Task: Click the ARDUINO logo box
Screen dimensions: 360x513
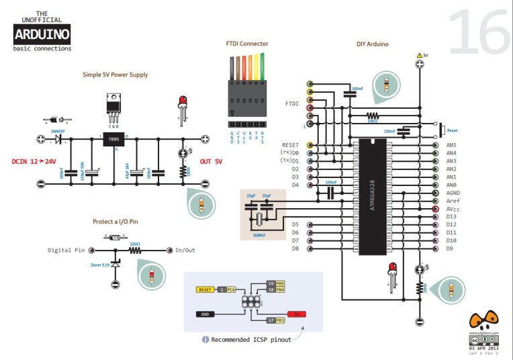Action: (42, 34)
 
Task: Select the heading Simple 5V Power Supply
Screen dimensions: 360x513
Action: (115, 75)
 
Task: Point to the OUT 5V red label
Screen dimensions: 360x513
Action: (211, 162)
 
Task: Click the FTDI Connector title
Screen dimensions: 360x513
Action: (246, 44)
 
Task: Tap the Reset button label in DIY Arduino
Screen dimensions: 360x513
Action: (452, 130)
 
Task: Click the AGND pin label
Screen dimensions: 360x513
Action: (453, 193)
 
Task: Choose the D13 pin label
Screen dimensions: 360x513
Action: (451, 216)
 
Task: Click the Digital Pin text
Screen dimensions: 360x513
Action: (66, 250)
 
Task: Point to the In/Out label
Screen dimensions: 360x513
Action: (185, 250)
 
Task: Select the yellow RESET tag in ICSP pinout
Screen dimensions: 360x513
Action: (205, 289)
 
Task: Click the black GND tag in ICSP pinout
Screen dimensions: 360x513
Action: (206, 314)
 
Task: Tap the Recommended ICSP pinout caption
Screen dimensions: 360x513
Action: (251, 340)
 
